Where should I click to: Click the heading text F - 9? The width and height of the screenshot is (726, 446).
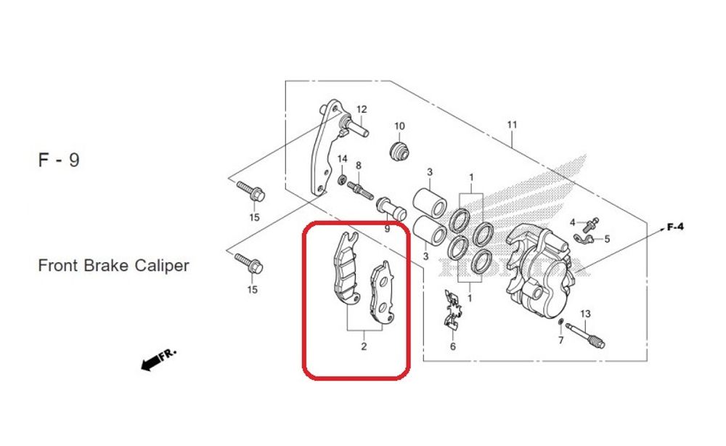[x=59, y=161]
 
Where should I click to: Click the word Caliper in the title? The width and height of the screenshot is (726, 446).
[x=160, y=266]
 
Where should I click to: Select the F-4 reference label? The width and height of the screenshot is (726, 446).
[x=675, y=227]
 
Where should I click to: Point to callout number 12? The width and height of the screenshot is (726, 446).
[x=362, y=110]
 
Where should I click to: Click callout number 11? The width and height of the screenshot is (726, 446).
[x=512, y=125]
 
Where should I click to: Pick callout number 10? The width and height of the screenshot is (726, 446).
[x=399, y=126]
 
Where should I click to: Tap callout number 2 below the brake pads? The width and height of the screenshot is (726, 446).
[x=364, y=346]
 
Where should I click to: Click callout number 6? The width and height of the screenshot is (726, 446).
[x=453, y=346]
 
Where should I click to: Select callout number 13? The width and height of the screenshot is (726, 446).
[x=586, y=314]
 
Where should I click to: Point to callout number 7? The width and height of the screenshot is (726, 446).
[x=560, y=340]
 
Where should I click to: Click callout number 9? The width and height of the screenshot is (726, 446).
[x=387, y=229]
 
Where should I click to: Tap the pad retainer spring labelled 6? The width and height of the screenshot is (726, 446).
[x=452, y=309]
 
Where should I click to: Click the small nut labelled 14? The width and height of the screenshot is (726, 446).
[x=342, y=178]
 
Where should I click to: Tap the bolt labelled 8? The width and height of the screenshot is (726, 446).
[x=361, y=190]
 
